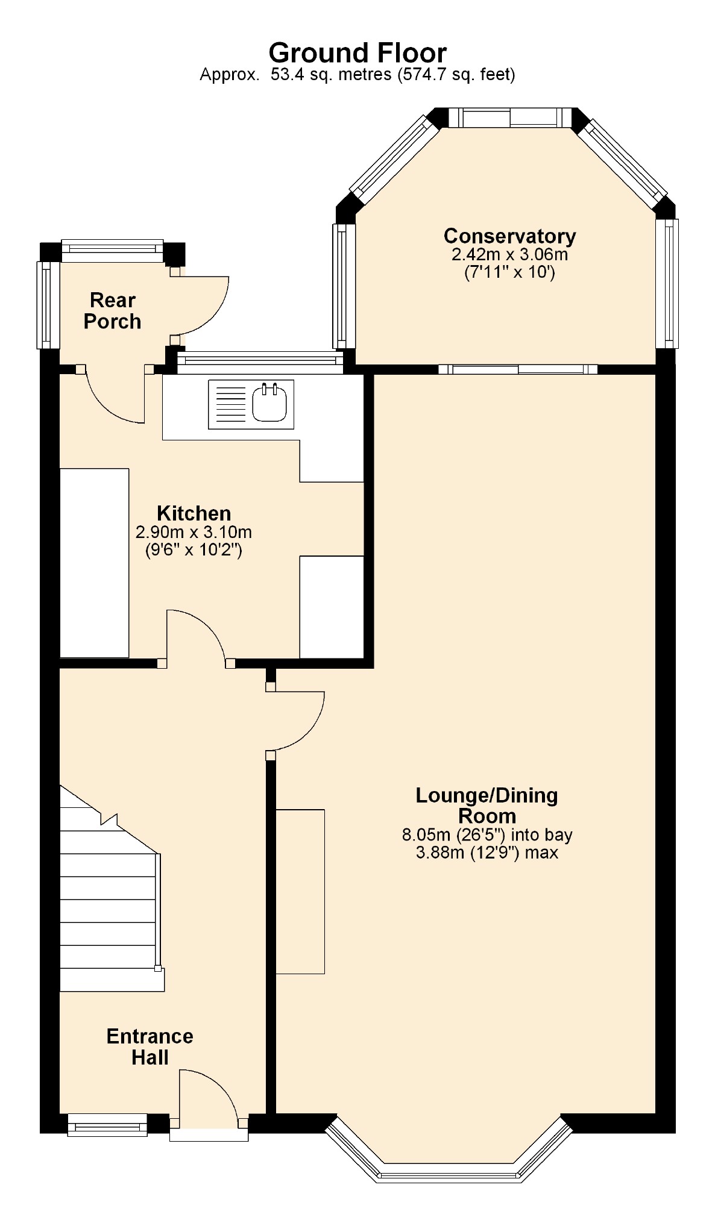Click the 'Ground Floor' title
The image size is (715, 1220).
click(357, 53)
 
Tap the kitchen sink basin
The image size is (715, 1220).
click(269, 403)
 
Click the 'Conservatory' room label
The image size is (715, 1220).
click(509, 236)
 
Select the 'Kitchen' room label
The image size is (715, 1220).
click(194, 513)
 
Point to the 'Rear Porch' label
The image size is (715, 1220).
click(113, 311)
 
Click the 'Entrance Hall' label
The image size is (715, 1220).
click(150, 1046)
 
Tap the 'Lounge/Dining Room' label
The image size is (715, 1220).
click(487, 806)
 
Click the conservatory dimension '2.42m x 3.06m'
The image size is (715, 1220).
click(509, 254)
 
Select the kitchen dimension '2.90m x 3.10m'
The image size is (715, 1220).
click(194, 533)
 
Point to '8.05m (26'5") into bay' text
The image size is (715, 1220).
click(487, 835)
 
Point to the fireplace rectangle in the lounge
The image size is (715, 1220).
click(300, 892)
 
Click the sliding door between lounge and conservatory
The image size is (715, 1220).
click(518, 369)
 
